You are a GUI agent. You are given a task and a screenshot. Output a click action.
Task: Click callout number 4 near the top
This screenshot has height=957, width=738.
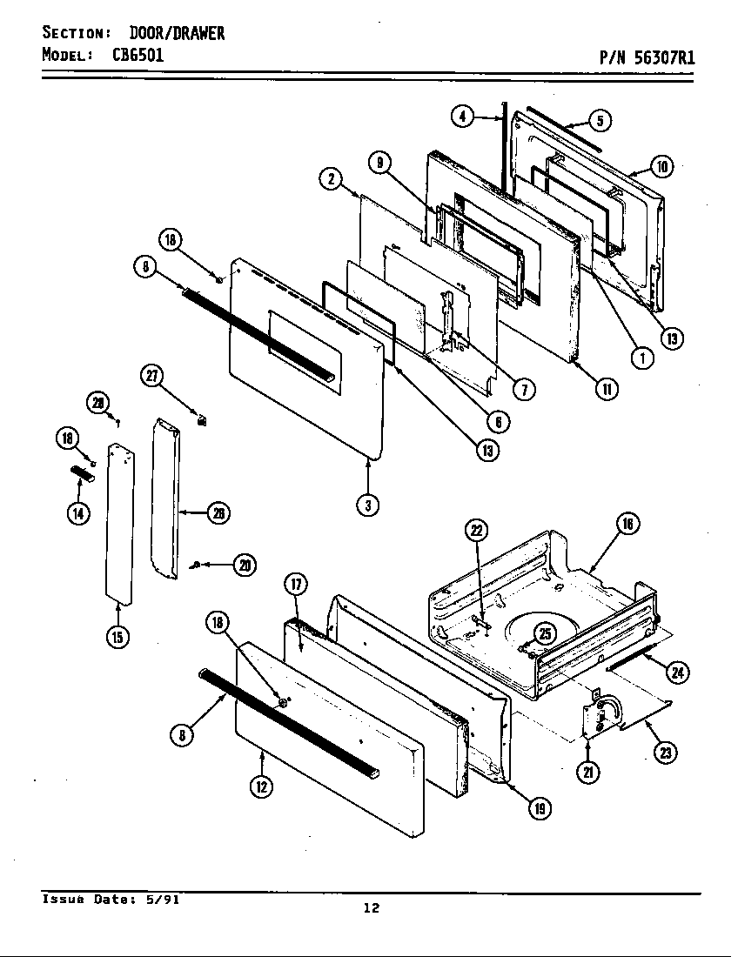tap(463, 117)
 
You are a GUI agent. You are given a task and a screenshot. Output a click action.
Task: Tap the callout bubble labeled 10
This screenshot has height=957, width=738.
tap(661, 167)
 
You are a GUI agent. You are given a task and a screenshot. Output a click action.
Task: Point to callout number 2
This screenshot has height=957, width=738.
tap(331, 179)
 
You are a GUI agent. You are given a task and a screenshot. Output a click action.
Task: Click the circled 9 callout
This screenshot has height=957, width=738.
tap(379, 163)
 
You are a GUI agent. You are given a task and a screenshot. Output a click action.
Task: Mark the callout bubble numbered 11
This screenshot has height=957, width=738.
tap(606, 389)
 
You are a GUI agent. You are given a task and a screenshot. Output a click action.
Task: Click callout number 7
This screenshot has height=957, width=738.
tap(523, 389)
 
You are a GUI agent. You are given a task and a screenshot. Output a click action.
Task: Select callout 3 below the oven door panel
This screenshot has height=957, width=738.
tap(369, 505)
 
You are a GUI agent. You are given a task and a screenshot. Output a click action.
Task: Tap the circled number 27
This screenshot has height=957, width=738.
tap(152, 376)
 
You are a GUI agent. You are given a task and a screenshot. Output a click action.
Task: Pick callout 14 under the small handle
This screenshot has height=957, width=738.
tap(78, 512)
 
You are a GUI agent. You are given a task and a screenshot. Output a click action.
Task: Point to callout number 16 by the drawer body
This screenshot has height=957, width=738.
tap(627, 523)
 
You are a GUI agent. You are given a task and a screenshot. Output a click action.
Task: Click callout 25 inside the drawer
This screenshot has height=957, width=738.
tap(544, 634)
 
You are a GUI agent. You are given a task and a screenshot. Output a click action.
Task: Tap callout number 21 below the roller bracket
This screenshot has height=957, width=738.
tap(589, 772)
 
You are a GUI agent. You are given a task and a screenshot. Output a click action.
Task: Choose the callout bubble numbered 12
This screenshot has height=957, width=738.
tap(261, 786)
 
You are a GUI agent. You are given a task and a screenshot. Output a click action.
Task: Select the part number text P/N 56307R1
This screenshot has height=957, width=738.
tap(646, 57)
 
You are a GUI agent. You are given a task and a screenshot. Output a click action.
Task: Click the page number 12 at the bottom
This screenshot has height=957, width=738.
tap(372, 908)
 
